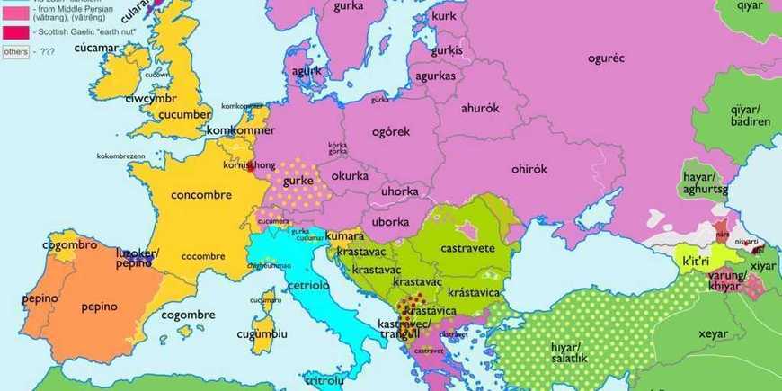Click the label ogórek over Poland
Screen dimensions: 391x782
tap(391, 131)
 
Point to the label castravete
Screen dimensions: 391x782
tap(467, 246)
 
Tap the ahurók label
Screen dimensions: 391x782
tap(479, 108)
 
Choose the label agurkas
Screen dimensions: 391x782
tap(436, 76)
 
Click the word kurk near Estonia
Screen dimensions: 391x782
tap(443, 16)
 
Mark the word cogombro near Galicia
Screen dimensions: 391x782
tap(69, 244)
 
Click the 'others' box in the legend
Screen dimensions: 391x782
tap(15, 52)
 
